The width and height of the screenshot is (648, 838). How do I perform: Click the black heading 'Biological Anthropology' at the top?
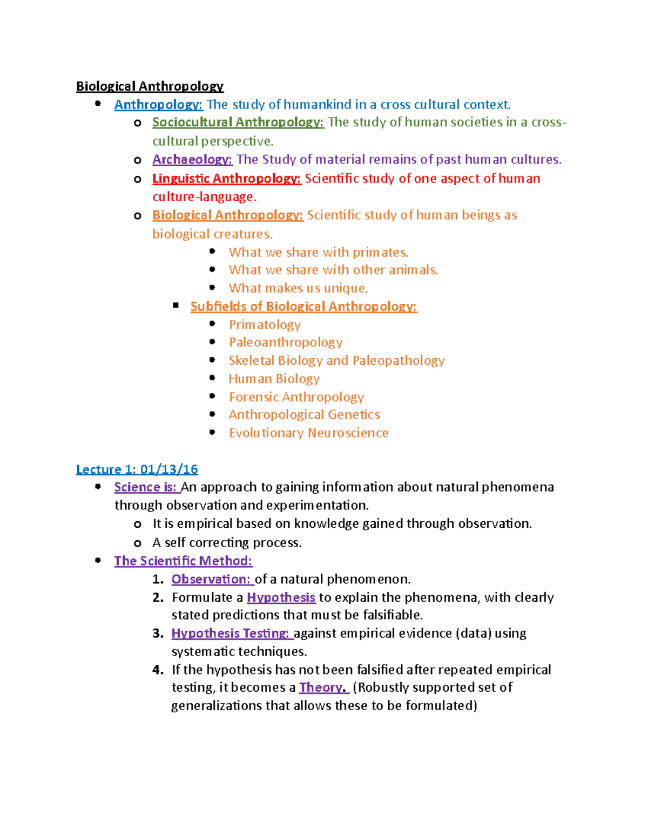coord(150,86)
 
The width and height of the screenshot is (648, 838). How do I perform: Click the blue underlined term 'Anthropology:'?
coord(158,105)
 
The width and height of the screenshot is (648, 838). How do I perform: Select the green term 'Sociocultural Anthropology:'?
coord(238,122)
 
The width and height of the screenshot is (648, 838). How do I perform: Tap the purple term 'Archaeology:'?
coord(192,160)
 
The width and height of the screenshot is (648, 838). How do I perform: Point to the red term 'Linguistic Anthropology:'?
coord(226,179)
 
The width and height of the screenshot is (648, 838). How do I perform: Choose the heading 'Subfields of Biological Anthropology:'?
coord(303,306)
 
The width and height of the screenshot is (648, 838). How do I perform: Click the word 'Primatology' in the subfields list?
coord(265,325)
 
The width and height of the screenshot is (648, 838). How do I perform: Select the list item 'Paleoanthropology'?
coord(286,343)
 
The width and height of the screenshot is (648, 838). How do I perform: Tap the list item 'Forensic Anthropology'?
coord(296,397)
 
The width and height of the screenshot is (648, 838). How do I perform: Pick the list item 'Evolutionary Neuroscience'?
coord(308,433)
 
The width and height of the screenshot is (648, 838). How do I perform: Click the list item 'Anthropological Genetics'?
coord(304,415)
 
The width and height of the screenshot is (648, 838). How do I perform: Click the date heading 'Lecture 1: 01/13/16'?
coord(137,469)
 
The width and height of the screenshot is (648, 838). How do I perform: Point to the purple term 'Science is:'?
coord(146,487)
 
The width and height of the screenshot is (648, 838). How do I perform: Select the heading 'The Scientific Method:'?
coord(183,561)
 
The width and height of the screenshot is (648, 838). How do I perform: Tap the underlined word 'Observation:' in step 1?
coord(212,580)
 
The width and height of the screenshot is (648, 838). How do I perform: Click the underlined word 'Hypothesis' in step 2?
coord(281,598)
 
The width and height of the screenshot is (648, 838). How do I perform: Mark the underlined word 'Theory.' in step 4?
coord(322,687)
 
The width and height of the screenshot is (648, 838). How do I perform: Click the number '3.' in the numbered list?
coord(158,633)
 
